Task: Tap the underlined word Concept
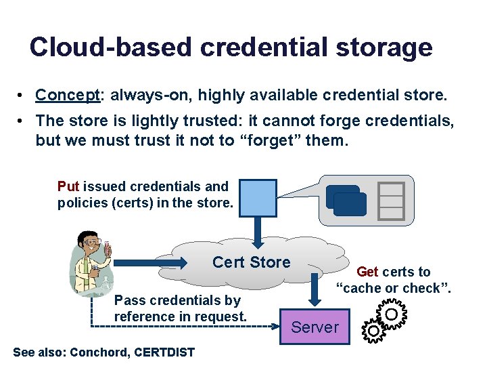[x=68, y=95]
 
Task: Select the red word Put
[x=68, y=186]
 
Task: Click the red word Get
[x=367, y=272]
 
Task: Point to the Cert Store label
[x=251, y=262]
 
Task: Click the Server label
[x=315, y=327]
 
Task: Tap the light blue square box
[x=256, y=198]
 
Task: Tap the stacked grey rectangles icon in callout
[x=391, y=201]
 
